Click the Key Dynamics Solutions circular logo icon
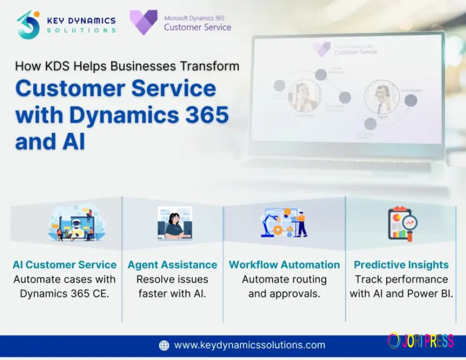click(x=28, y=25)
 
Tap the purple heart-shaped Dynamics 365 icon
click(x=144, y=22)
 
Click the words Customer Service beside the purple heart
click(x=198, y=27)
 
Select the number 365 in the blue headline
click(x=203, y=115)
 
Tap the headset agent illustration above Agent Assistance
click(x=174, y=223)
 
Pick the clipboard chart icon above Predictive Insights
click(x=402, y=223)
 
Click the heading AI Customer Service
click(x=64, y=265)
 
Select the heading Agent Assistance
click(x=172, y=265)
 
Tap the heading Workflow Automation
click(x=284, y=265)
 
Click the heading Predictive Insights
click(x=401, y=265)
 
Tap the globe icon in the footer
click(x=164, y=345)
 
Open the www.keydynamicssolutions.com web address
click(x=249, y=345)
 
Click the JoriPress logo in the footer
click(x=420, y=341)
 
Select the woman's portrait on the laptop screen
click(x=304, y=96)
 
